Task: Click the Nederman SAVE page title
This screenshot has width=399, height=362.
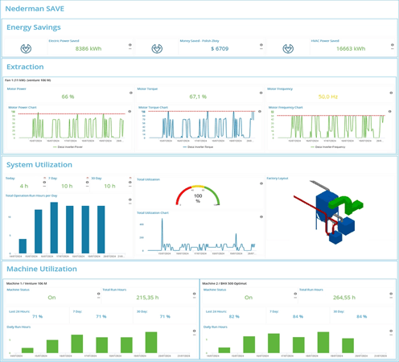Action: pos(36,9)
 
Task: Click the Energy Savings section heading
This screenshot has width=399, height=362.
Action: pos(33,27)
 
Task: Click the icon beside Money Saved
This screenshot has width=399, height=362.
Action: pos(157,48)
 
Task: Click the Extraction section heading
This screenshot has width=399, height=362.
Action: pos(25,67)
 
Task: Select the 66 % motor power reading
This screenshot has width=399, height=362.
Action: pos(68,97)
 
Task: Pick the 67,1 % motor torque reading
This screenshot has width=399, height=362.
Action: pos(197,97)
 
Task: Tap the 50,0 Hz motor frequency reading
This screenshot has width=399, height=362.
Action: pos(327,97)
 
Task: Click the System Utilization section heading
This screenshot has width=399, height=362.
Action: pos(39,165)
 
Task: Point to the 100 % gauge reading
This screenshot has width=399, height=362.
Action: pos(198,197)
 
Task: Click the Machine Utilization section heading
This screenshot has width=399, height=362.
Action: pos(41,269)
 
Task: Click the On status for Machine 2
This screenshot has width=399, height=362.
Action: pos(249,298)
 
